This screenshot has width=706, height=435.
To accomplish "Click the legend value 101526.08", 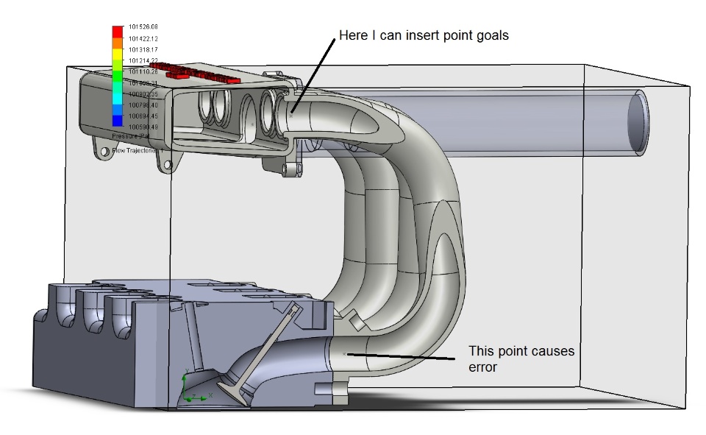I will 143,27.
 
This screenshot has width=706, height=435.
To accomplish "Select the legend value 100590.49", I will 143,127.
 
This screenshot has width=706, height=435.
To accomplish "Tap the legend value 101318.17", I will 143,49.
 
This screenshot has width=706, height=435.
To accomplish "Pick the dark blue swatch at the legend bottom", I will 117,121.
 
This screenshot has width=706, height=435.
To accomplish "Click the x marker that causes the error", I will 344,355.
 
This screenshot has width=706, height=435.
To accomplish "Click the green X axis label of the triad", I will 212,395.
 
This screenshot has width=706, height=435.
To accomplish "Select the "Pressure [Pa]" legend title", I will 132,137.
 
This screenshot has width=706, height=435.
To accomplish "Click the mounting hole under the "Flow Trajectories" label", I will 104,152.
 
